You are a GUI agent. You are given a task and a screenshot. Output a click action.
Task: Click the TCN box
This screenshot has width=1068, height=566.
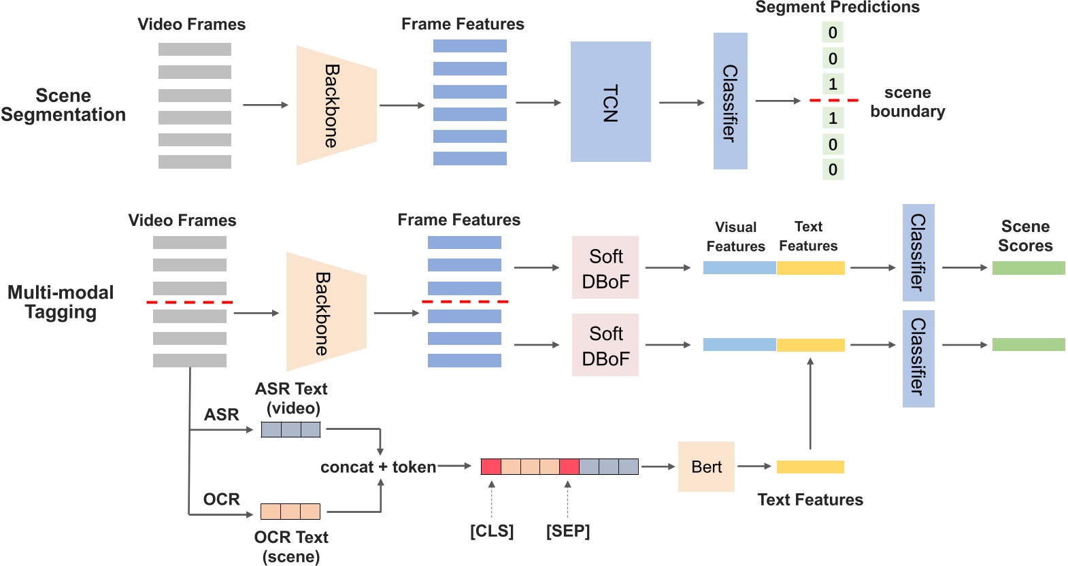[x=610, y=102]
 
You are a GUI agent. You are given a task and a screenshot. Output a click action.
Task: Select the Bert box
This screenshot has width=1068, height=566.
[x=706, y=467]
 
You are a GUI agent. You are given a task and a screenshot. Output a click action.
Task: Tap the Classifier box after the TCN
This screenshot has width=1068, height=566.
[x=730, y=101]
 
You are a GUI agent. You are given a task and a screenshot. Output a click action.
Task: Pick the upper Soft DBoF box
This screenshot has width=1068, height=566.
[x=605, y=268]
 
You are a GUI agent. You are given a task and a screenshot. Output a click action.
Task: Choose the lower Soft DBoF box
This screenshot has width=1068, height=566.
[x=605, y=346]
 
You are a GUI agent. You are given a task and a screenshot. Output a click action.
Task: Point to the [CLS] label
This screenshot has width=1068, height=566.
[x=492, y=531]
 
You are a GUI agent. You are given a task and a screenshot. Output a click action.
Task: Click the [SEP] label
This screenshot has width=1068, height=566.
[x=568, y=531]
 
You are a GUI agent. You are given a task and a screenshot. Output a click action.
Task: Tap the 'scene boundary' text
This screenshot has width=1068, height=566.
[x=907, y=102]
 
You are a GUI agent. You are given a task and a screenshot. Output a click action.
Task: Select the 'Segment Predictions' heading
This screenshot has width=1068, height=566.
[x=837, y=7]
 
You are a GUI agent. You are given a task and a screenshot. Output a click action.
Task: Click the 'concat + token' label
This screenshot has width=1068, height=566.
[x=378, y=467]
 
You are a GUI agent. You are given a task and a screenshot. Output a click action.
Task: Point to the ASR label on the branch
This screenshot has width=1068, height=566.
[x=222, y=415]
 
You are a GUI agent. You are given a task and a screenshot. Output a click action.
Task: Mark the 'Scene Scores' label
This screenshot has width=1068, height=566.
[x=1025, y=236]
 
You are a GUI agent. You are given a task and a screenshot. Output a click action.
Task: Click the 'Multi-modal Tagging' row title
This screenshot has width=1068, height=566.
[x=61, y=302]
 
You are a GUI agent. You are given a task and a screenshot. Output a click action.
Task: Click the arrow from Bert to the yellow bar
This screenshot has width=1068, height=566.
[x=754, y=467]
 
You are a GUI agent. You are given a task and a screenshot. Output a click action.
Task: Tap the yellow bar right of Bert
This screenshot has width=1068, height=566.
[x=810, y=467]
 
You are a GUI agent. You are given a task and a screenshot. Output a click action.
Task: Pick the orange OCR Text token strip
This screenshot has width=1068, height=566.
[x=290, y=512]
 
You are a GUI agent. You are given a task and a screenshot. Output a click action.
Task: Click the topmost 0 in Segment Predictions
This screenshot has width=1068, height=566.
[x=833, y=33]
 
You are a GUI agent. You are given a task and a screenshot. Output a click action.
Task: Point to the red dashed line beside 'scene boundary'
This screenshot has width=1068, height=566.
[x=834, y=101]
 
